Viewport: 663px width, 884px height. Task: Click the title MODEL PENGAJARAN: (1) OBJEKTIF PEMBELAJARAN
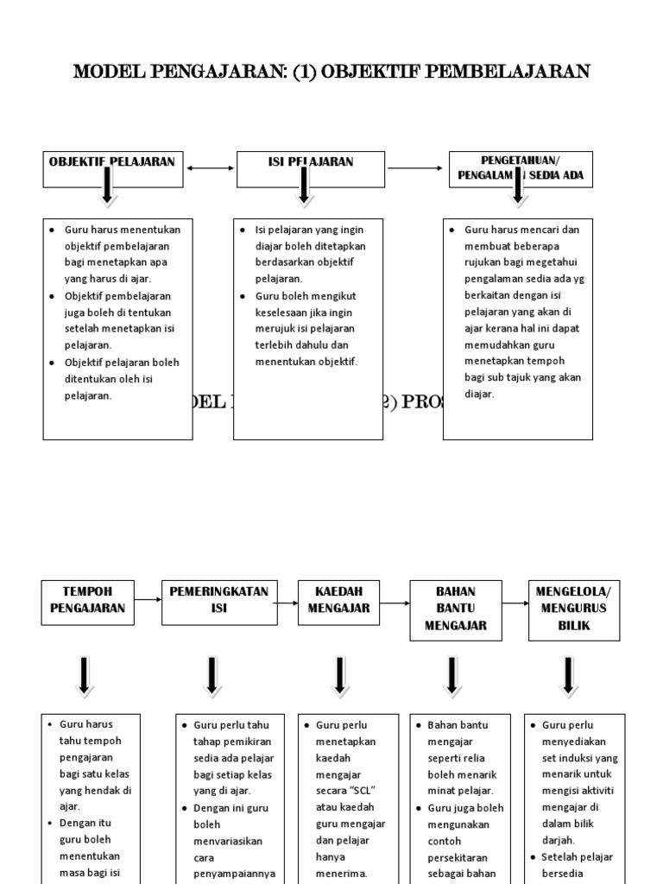click(x=331, y=71)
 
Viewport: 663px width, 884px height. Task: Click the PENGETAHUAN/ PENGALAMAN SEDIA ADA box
click(x=521, y=168)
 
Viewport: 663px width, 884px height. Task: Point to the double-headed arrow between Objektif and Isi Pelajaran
click(x=209, y=169)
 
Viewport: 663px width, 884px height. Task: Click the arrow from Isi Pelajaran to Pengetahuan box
click(x=416, y=168)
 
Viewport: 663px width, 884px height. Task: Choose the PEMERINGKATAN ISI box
click(x=219, y=600)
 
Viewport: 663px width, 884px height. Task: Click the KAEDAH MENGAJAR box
click(x=340, y=600)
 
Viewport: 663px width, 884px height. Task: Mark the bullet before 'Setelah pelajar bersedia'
click(x=532, y=856)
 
